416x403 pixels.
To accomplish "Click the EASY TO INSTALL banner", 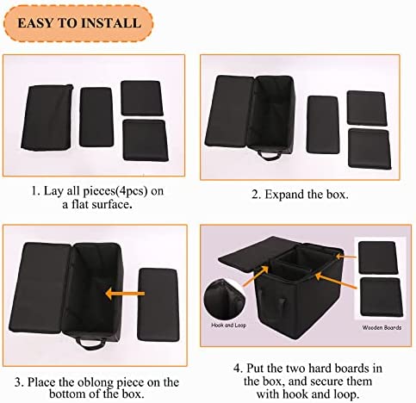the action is tap(78, 23).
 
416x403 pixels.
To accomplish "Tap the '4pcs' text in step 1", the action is tap(131, 191).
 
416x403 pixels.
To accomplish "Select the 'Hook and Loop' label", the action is tap(228, 325).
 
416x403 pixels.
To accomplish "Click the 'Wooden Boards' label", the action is tap(382, 327).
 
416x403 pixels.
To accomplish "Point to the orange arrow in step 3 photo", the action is tap(125, 294).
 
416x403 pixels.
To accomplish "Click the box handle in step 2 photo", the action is tap(270, 155).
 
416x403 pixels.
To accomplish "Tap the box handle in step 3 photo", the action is tap(90, 344).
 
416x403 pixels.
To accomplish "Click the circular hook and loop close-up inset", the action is tap(224, 301).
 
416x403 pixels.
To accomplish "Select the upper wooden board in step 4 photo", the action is tap(378, 257).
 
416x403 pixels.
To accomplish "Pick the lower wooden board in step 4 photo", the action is tap(382, 297).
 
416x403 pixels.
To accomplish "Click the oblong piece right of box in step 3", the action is tap(158, 305).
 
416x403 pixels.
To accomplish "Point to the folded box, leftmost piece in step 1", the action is tap(47, 117).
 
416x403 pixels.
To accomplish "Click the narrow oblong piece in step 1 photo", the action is tap(96, 117).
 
